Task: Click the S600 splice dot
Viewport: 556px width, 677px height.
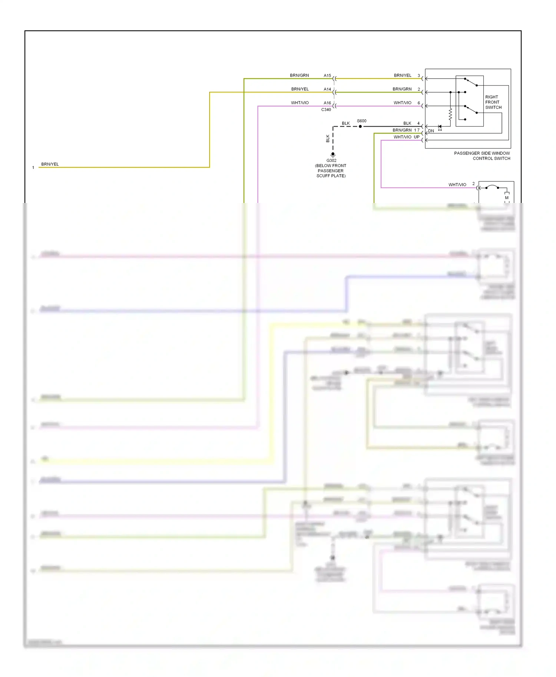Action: [x=360, y=126]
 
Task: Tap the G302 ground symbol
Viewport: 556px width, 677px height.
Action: [x=333, y=154]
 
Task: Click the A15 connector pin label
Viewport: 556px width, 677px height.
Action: [x=327, y=76]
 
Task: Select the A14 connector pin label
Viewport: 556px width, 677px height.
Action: [x=327, y=89]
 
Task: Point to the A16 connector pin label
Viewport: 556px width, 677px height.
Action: [x=327, y=103]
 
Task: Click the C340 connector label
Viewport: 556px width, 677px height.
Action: [x=326, y=110]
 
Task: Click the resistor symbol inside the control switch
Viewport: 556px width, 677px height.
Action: [x=450, y=114]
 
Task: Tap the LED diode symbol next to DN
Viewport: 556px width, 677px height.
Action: [x=440, y=127]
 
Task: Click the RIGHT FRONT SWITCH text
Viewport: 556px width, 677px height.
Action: [x=493, y=102]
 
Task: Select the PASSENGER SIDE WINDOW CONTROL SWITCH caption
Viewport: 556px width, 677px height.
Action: [x=482, y=156]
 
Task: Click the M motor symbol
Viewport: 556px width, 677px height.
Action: [x=507, y=197]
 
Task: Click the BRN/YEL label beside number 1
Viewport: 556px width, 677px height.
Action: [x=50, y=164]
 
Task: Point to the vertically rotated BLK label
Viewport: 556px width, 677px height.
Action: [x=328, y=139]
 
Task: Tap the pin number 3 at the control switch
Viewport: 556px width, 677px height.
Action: [x=419, y=76]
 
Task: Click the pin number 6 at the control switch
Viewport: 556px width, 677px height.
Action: [x=419, y=103]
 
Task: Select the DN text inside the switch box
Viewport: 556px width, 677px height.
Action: [x=431, y=131]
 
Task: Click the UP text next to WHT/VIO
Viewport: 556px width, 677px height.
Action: [x=417, y=137]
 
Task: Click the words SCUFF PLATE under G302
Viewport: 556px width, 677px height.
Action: [x=331, y=176]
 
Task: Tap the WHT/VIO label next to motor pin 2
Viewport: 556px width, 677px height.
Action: [x=457, y=184]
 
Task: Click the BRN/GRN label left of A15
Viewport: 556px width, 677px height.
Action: [x=299, y=76]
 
